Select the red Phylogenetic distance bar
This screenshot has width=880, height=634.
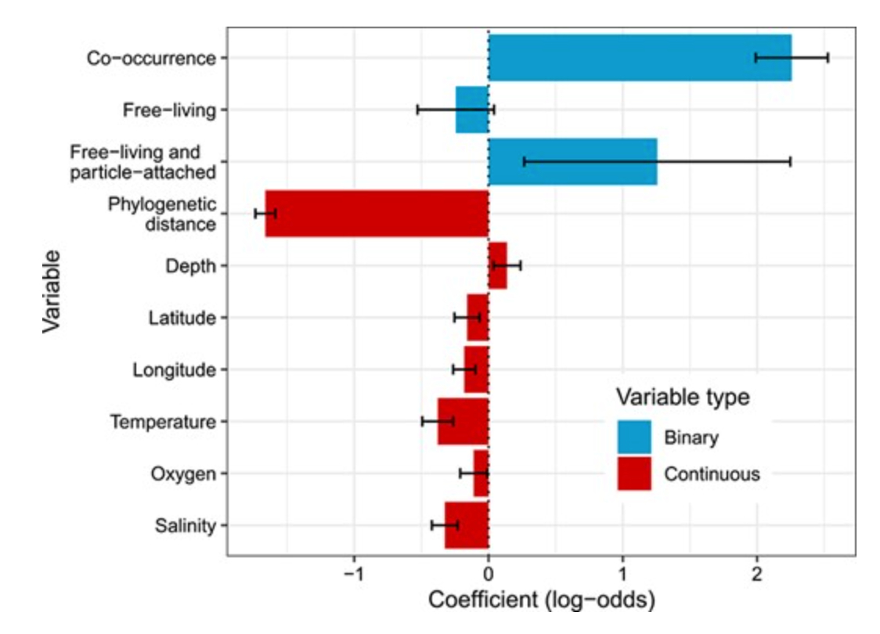pos(376,214)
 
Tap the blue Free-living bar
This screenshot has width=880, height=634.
pos(472,110)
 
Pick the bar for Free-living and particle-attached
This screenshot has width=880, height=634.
pos(572,162)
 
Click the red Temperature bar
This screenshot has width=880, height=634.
pos(463,421)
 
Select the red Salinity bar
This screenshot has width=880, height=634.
pos(467,525)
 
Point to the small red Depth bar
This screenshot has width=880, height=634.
pos(497,266)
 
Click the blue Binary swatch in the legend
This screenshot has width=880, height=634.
pos(633,437)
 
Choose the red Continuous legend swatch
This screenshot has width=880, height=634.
pos(633,473)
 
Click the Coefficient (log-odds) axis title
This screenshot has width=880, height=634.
pos(541,600)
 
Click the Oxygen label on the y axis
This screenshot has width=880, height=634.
pos(182,474)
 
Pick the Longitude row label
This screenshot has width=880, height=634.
pos(174,369)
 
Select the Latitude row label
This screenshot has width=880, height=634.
pos(181,318)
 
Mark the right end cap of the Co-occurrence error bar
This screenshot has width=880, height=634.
pos(828,58)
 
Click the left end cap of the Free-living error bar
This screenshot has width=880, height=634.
pos(417,110)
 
